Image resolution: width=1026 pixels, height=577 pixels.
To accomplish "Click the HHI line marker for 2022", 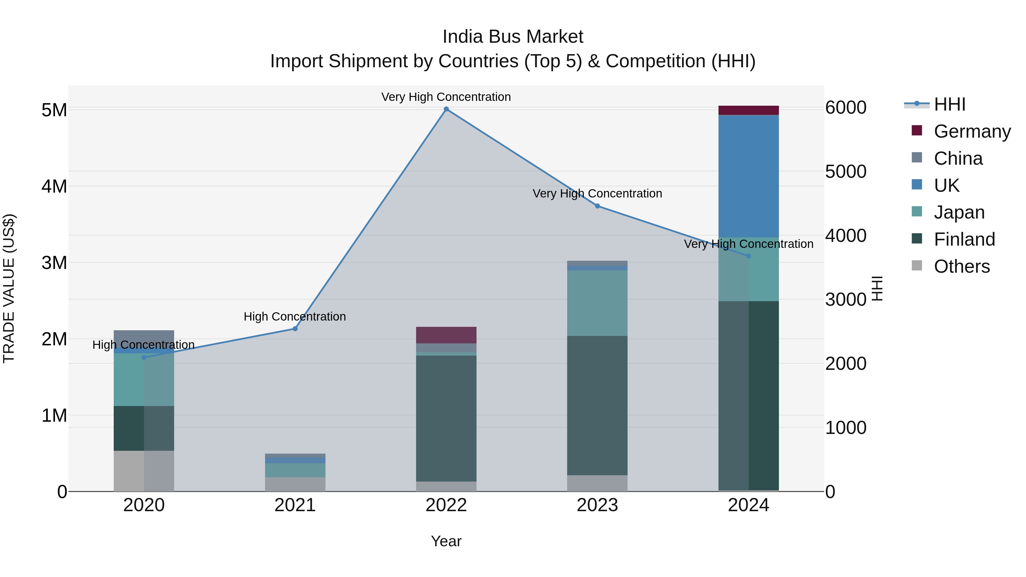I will point(446,109).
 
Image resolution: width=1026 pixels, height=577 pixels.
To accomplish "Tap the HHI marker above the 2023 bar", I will point(597,206).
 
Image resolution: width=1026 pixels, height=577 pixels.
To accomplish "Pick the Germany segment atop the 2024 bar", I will point(748,110).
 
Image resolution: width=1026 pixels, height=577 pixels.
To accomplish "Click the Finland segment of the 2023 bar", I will point(597,405).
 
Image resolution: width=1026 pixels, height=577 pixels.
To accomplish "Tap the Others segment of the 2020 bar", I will point(144,471).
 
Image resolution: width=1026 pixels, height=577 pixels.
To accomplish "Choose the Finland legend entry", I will point(964,239).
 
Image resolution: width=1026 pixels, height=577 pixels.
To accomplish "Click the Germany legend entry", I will point(972,131).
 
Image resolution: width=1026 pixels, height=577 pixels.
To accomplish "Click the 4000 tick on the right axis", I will point(846,235).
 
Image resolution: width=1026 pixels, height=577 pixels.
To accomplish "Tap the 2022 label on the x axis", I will point(446,505).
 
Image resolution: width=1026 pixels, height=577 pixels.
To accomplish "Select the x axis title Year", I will point(446,541).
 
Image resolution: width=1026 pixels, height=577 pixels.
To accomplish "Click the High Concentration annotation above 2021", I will point(295,317).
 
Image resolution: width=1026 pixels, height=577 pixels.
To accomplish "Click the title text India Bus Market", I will point(513,37).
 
